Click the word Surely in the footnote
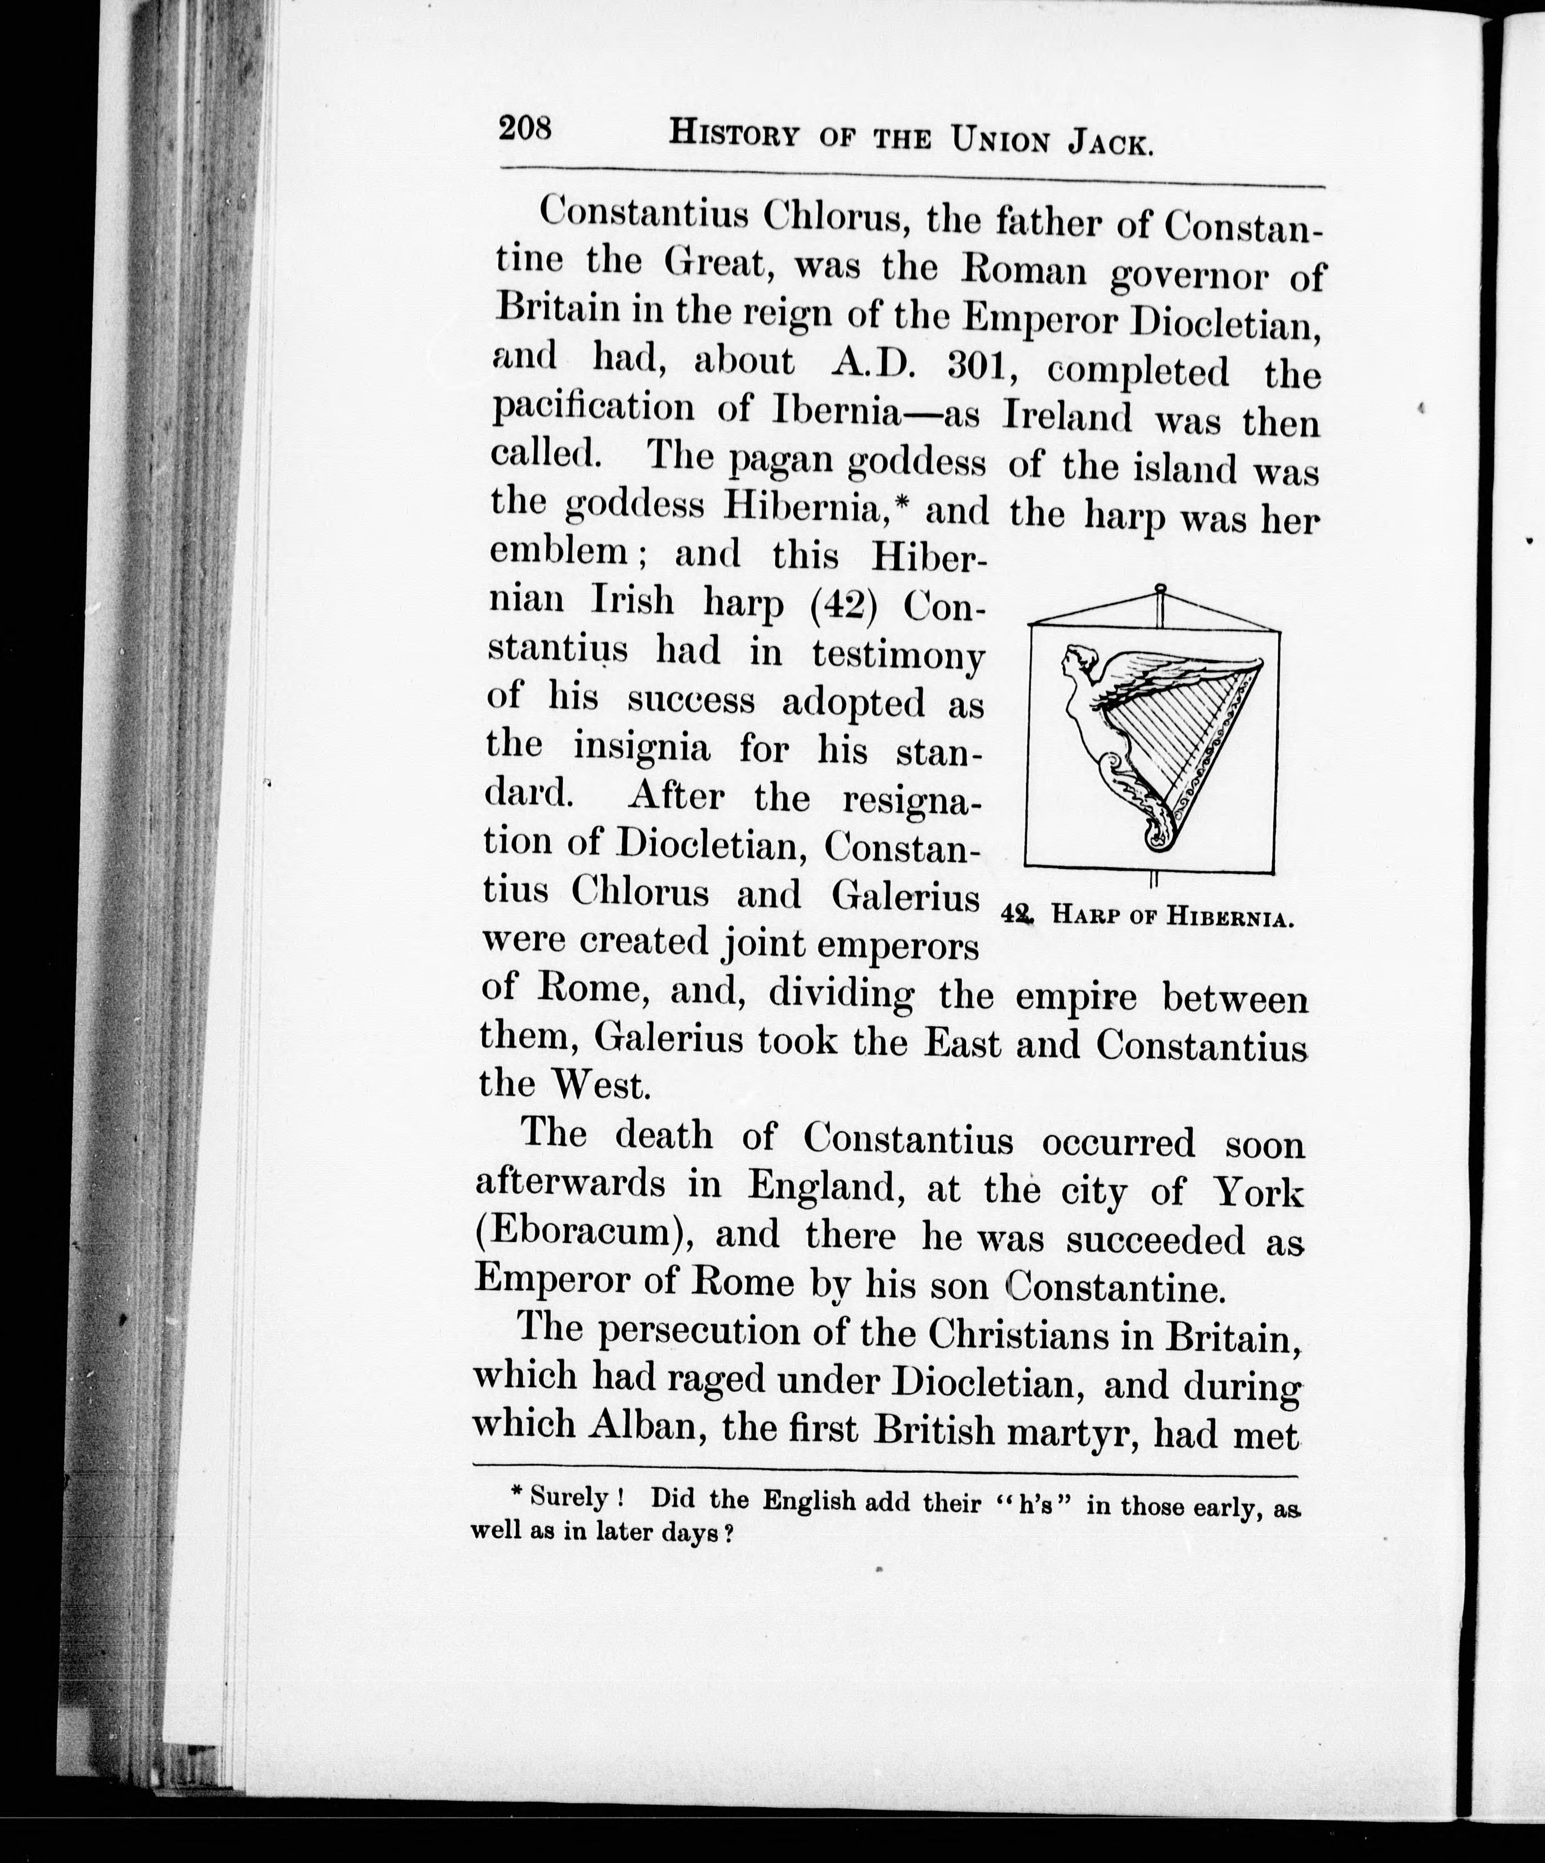[568, 1498]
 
